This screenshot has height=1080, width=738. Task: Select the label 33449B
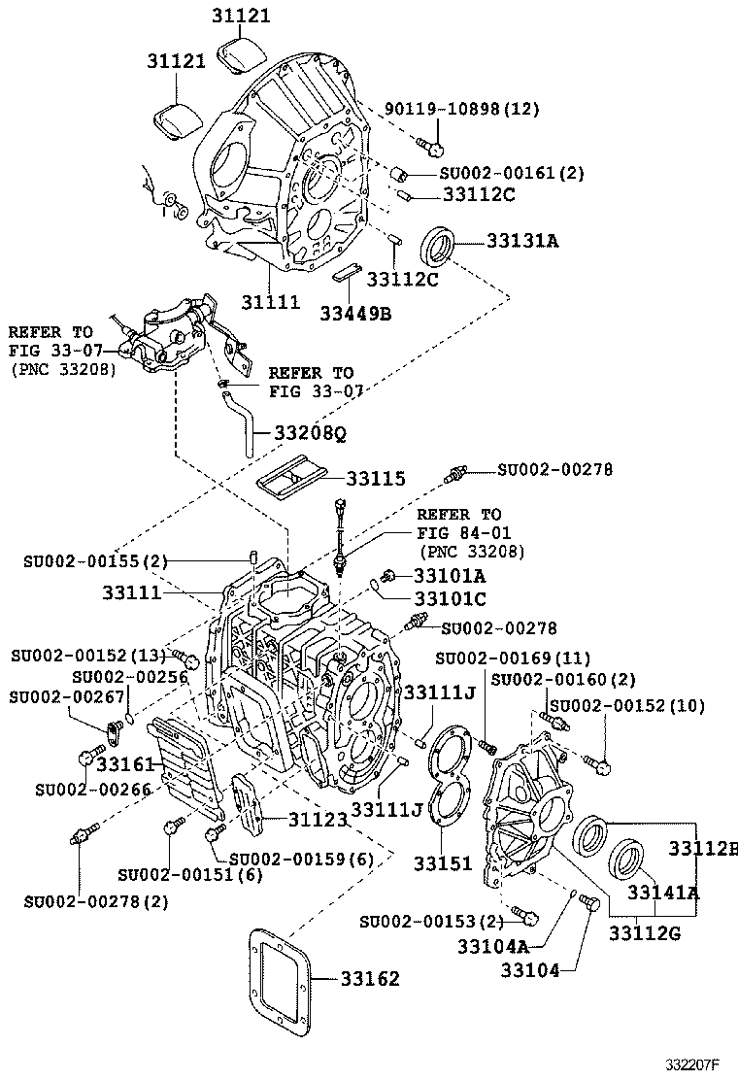356,312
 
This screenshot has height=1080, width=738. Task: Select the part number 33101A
449,575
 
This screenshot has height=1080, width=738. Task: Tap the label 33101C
450,598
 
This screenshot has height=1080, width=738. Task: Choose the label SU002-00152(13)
89,656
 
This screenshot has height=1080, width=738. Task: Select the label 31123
317,821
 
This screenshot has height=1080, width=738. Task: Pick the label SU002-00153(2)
430,920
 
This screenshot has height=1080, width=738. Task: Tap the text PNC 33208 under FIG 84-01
471,552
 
